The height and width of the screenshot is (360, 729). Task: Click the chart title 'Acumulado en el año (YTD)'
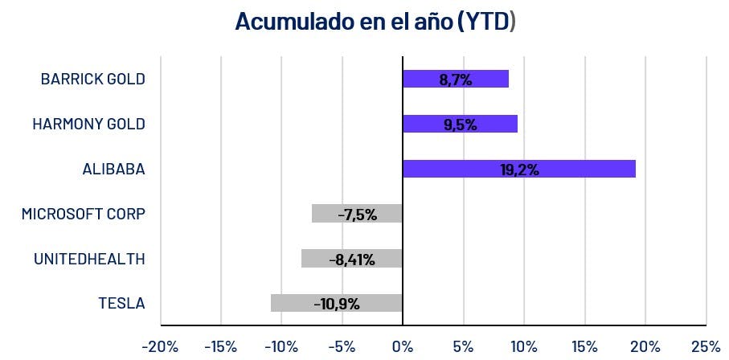coord(375,22)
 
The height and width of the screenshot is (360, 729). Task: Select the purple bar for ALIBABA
coord(518,169)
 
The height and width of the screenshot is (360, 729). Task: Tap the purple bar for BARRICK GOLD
coord(455,79)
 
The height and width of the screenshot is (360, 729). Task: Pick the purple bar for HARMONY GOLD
coord(460,124)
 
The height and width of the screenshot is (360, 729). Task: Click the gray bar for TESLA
coord(336,303)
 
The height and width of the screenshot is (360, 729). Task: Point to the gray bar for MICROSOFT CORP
coord(356,214)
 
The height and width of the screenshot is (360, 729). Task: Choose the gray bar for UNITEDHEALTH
coord(351,259)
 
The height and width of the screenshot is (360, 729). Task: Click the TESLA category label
coord(121,303)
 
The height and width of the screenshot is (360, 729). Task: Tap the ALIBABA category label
coord(113,169)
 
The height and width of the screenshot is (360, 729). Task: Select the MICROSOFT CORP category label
coord(84,214)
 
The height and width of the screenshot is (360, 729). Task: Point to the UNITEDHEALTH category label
coord(89,259)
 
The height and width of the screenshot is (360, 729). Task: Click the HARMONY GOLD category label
coord(88,124)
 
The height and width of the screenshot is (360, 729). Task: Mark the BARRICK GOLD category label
coord(92,79)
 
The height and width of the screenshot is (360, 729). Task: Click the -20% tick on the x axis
coord(160,346)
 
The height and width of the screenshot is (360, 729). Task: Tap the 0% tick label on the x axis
coord(402,346)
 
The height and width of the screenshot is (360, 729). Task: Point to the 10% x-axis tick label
coord(524,346)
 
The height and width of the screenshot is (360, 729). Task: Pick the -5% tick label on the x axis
coord(342,346)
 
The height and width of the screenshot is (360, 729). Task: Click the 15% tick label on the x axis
coord(584,346)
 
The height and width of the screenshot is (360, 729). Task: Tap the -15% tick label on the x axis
coord(220,346)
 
